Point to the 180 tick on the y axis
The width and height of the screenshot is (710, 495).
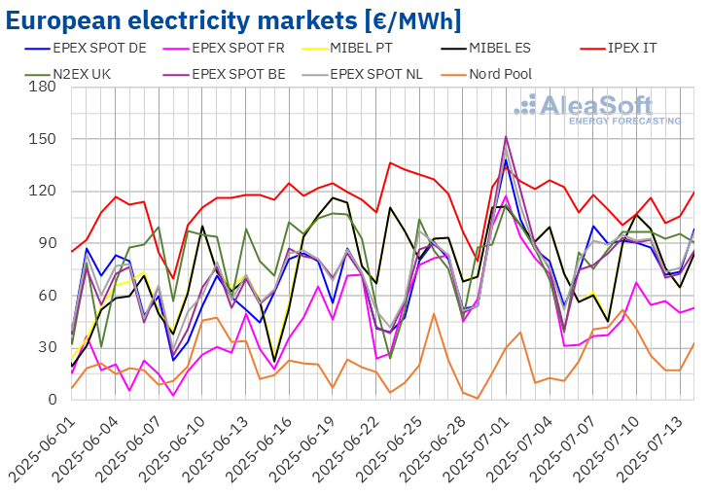coord(46,87)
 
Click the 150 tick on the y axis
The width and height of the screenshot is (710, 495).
coord(46,139)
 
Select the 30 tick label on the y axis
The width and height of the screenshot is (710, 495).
coord(50,347)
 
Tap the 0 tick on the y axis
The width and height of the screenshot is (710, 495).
coord(54,400)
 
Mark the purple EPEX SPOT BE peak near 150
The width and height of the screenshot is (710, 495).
coord(506,137)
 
